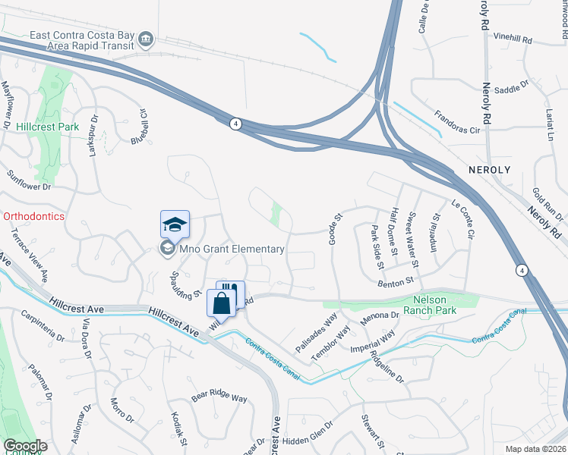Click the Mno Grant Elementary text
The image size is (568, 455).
coord(232,249)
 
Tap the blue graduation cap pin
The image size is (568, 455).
coord(175,225)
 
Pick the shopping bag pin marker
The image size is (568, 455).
coord(221,305)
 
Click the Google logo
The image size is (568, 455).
coord(25,446)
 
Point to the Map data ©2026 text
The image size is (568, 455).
coord(535,449)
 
